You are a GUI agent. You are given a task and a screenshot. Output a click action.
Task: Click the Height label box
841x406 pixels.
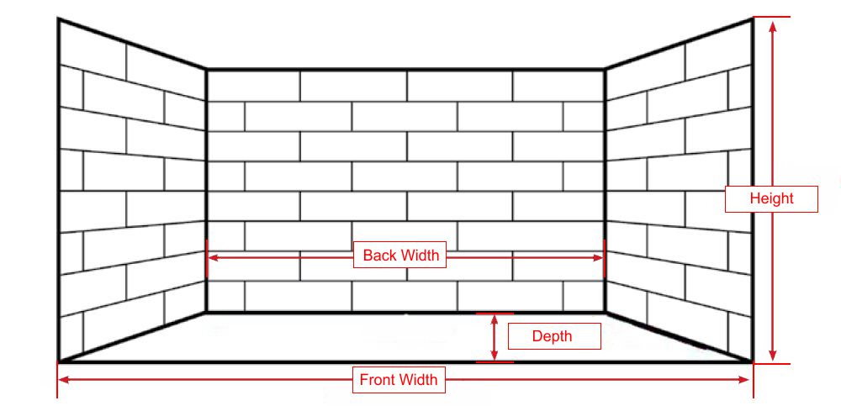[x=771, y=199]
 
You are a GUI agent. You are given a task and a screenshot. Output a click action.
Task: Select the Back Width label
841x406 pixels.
[x=401, y=256]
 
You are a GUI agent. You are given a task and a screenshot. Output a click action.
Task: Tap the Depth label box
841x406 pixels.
[x=552, y=337]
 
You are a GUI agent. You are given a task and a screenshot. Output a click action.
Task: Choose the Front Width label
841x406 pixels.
[x=399, y=380]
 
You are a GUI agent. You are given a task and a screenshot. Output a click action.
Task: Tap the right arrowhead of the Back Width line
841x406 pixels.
[x=600, y=256]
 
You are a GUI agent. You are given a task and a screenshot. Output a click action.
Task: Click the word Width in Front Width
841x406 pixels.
[x=418, y=380]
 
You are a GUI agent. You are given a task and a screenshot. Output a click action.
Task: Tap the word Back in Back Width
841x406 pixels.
[x=379, y=256]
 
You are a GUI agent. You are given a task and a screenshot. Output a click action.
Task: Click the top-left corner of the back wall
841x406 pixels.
[x=207, y=70]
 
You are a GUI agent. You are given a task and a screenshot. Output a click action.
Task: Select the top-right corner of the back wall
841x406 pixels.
[x=605, y=70]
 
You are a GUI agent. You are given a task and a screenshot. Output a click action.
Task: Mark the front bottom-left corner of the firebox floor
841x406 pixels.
[x=58, y=362]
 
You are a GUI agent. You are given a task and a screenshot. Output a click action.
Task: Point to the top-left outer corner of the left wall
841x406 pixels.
[x=58, y=18]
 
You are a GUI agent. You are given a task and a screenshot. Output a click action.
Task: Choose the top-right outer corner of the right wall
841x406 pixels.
[x=752, y=18]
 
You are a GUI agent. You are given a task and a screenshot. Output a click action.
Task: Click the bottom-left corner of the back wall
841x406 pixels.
[x=207, y=312]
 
